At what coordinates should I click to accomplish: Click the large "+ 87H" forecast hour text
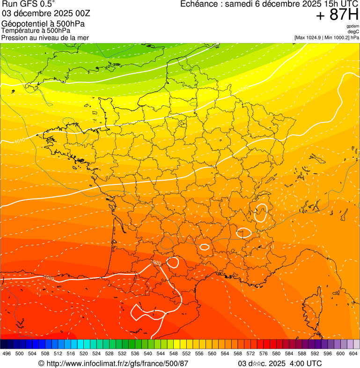point(337,15)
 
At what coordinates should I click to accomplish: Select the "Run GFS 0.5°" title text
point(29,4)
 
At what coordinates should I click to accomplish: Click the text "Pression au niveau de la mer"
point(45,37)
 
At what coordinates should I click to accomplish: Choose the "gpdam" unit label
point(353,26)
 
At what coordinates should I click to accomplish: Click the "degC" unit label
point(353,32)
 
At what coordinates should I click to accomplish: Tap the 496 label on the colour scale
point(7,353)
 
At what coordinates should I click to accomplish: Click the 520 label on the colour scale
point(84,353)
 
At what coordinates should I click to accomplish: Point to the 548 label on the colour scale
point(174,353)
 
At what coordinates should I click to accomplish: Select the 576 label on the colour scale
point(264,353)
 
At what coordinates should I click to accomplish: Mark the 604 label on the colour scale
point(353,353)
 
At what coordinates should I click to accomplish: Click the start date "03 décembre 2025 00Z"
point(46,13)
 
